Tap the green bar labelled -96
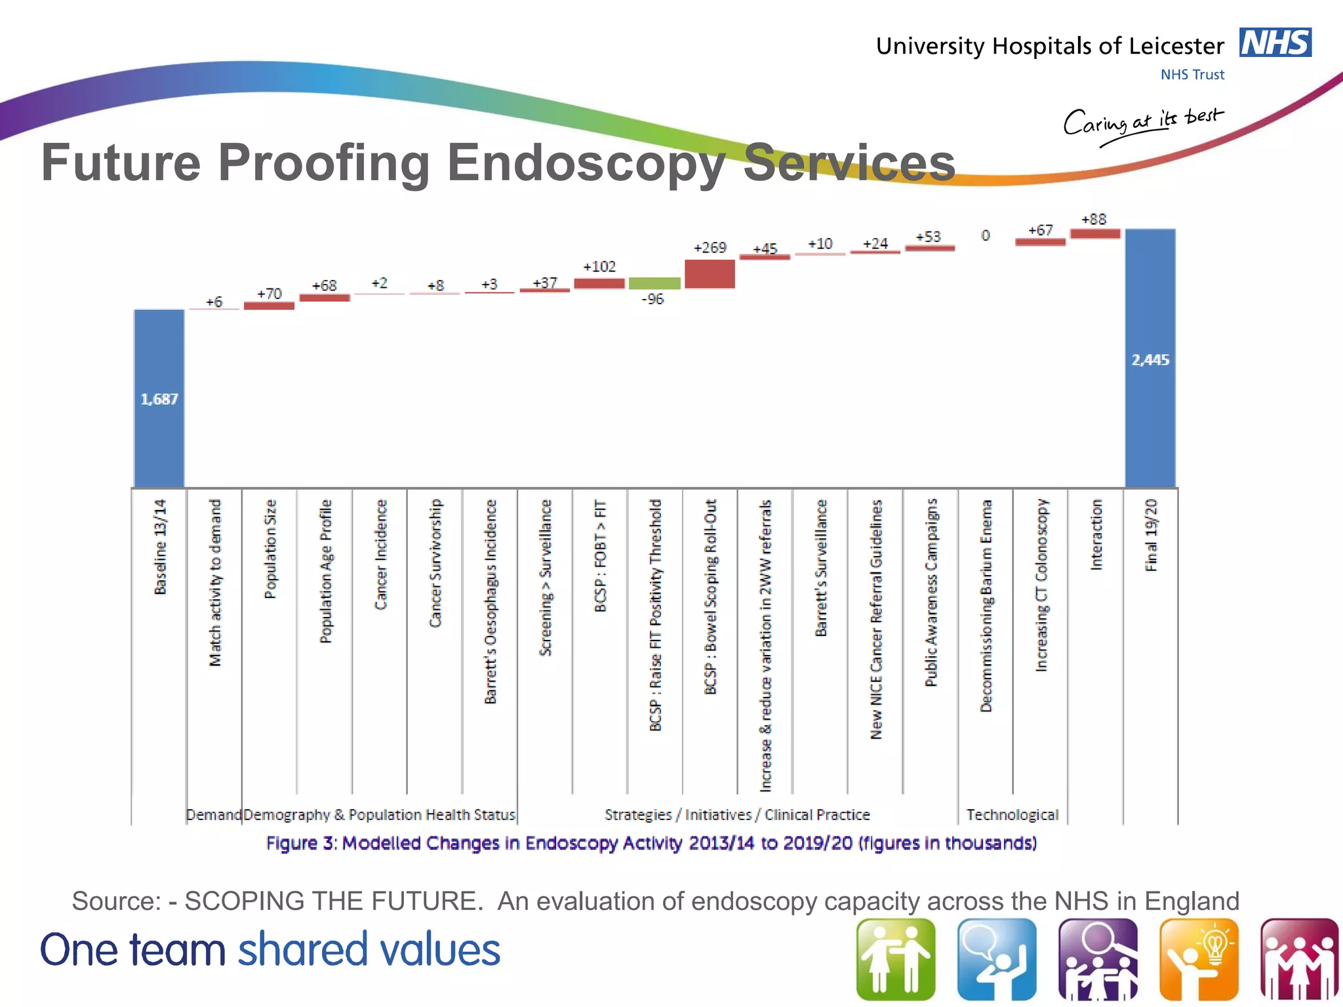tap(654, 283)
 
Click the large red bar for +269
tap(710, 274)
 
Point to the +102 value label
tap(599, 267)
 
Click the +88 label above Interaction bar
tap(1094, 219)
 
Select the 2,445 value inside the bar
tap(1150, 360)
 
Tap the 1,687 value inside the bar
tap(159, 399)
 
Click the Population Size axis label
tap(270, 549)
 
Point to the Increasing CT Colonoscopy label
tap(1041, 585)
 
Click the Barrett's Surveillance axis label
tap(821, 568)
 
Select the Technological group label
tap(1012, 815)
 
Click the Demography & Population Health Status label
tap(379, 815)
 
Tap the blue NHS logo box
tap(1275, 43)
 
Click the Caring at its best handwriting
tap(1142, 123)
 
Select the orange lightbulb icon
tap(1199, 958)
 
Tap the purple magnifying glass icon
tap(1098, 958)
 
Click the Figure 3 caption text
tap(651, 843)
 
